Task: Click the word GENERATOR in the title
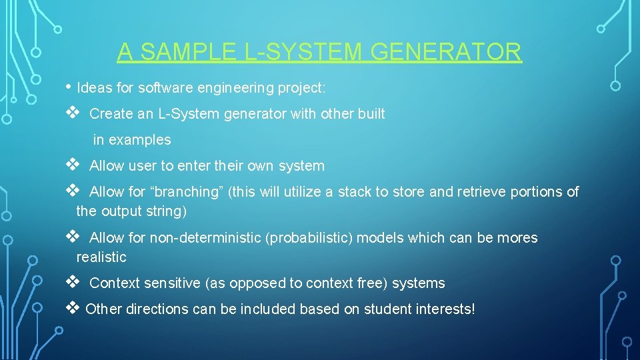point(447,52)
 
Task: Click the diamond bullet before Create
point(73,113)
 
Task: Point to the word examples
point(140,140)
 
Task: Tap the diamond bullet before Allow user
point(73,165)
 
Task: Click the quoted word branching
point(187,192)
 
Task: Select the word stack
point(355,192)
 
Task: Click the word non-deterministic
point(205,238)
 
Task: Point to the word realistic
point(101,257)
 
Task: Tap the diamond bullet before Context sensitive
point(73,282)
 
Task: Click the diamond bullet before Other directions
point(73,308)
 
